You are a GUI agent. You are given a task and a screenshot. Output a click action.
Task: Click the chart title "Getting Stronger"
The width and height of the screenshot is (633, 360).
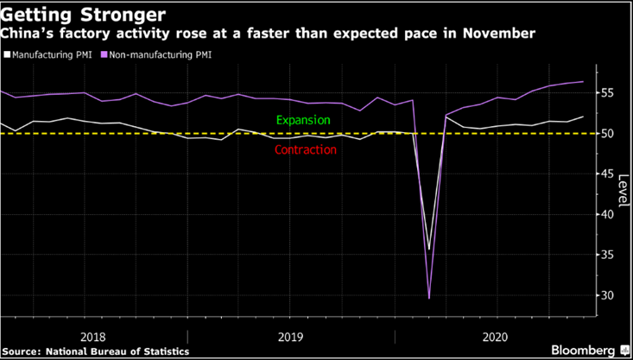click(65, 14)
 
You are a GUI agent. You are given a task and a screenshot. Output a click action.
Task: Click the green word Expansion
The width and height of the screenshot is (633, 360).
click(303, 120)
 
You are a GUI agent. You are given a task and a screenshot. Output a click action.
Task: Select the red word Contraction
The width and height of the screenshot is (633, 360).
click(305, 149)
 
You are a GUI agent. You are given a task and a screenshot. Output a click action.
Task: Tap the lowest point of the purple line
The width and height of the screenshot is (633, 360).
click(429, 298)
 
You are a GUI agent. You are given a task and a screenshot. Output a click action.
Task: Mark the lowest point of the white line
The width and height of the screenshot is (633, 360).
click(429, 249)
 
